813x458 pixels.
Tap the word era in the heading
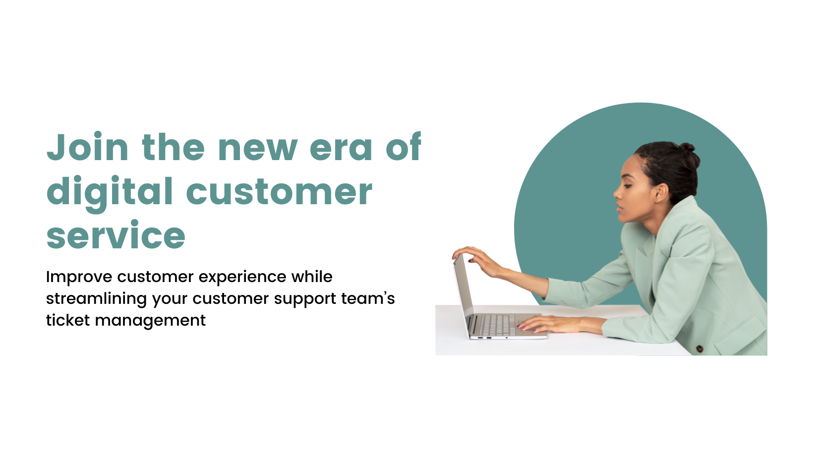(x=341, y=148)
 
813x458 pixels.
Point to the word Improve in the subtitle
(x=79, y=278)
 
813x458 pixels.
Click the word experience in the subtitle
(x=242, y=278)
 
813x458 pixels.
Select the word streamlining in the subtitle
(x=96, y=299)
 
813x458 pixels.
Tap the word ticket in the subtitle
(x=67, y=320)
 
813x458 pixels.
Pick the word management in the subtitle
(x=150, y=321)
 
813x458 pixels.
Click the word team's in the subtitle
(x=368, y=299)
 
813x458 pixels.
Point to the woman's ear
(x=661, y=192)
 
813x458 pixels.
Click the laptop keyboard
(x=497, y=325)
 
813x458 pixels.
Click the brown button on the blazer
(x=700, y=349)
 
